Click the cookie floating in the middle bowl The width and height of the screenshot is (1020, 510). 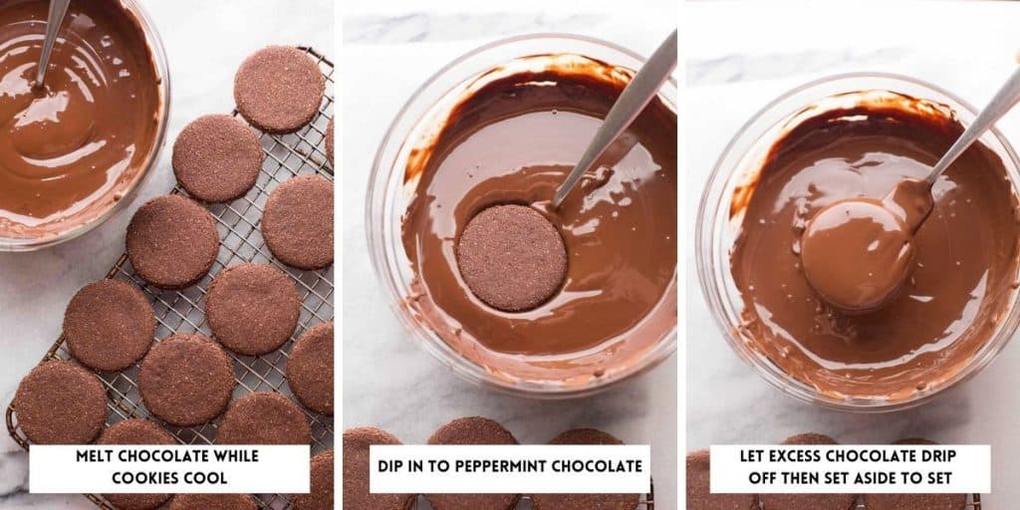pos(512,257)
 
